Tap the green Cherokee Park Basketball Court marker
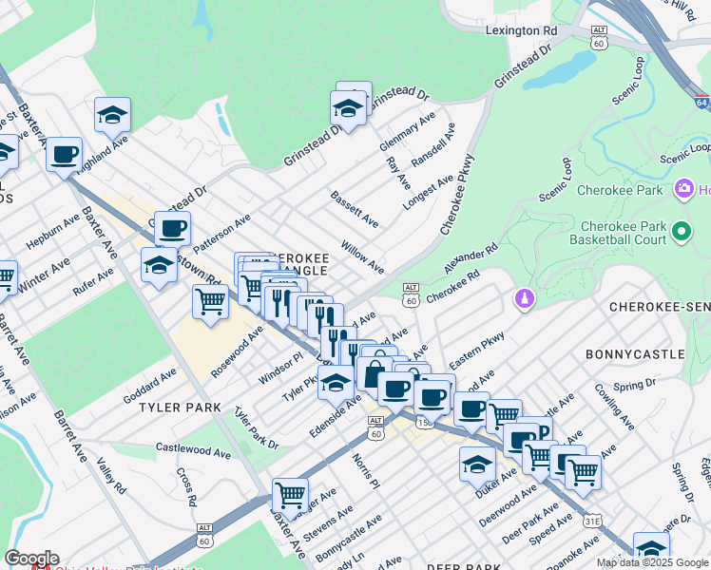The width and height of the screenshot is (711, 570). (681, 232)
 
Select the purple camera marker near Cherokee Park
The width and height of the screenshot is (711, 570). (683, 190)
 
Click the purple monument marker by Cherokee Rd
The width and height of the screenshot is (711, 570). (522, 300)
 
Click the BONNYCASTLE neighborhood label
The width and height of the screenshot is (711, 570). (634, 354)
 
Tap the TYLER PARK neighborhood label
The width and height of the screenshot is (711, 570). (180, 408)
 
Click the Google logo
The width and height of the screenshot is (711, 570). (31, 559)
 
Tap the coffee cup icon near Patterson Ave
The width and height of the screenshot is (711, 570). (172, 228)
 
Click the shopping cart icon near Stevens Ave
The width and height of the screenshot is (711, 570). (290, 494)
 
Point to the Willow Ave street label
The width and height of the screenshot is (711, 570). (362, 256)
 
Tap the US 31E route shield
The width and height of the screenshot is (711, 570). (592, 520)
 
